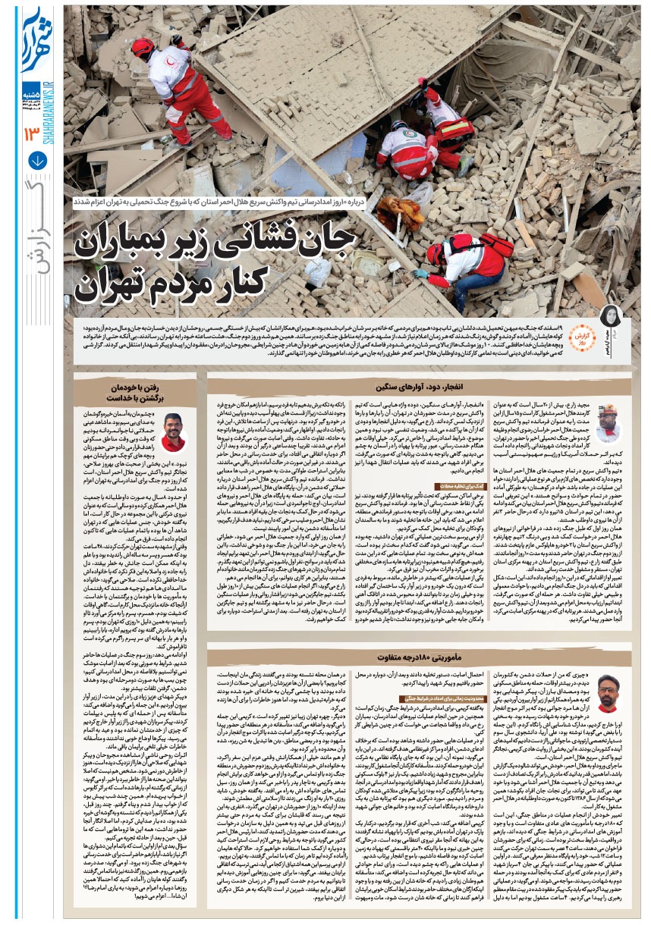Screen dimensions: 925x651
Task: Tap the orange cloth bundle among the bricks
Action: coord(400,213)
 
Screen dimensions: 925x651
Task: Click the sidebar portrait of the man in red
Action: coord(174,431)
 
